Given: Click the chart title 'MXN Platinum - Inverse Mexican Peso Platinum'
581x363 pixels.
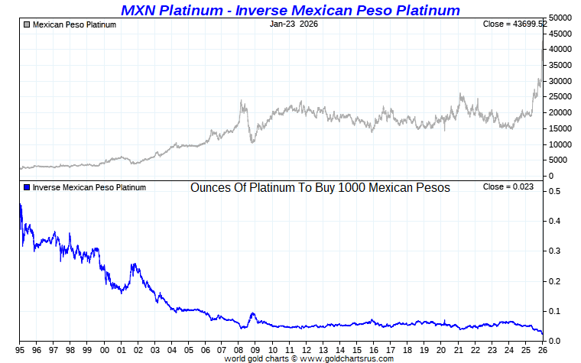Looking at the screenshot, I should point(290,10).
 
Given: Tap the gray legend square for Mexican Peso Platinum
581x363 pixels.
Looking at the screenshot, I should point(27,24).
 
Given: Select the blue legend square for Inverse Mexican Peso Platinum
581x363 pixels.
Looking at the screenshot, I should point(27,187).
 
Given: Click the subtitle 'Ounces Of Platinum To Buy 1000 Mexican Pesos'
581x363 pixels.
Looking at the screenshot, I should point(320,187).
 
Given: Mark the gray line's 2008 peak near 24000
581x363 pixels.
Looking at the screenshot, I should point(241,101).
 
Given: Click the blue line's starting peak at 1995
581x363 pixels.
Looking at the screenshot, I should point(20,205).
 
